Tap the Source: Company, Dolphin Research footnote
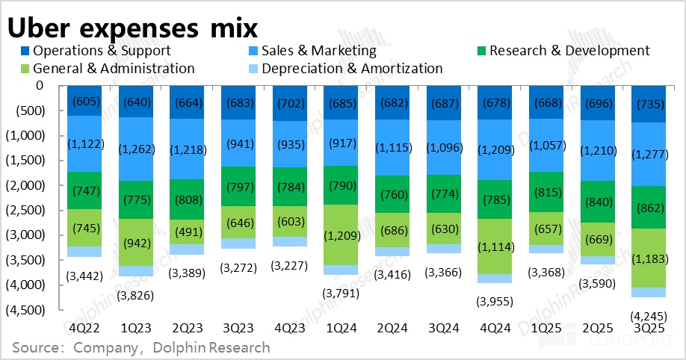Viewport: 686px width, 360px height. [x=141, y=347]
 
